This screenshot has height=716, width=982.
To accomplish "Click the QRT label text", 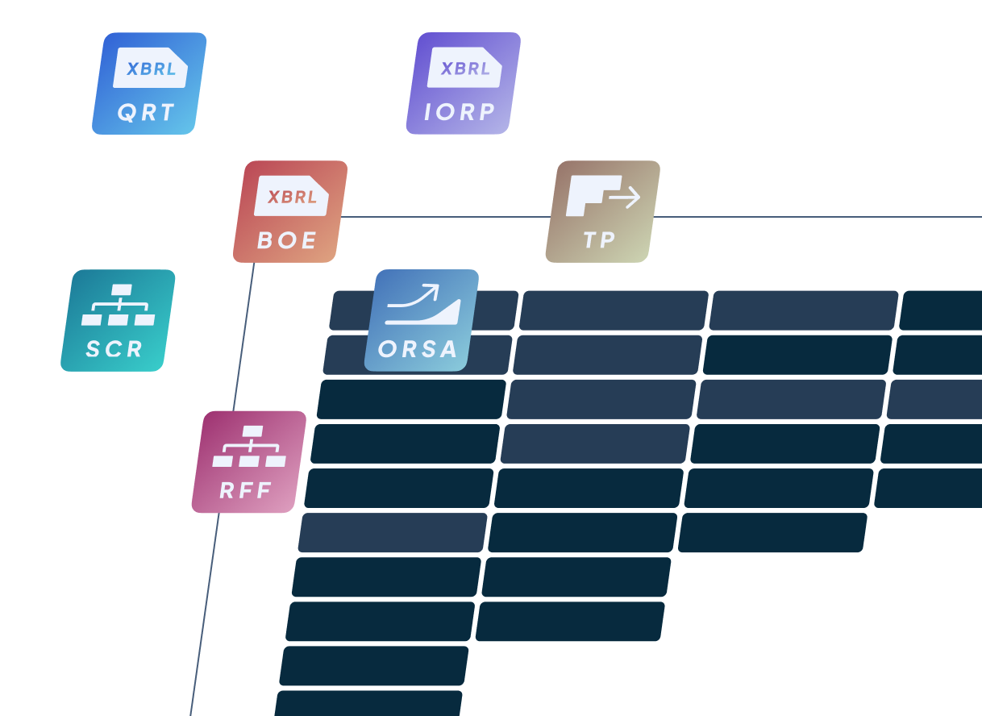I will [x=146, y=113].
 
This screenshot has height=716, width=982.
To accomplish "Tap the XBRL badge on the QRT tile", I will [x=151, y=69].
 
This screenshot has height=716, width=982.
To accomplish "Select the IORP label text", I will [x=460, y=113].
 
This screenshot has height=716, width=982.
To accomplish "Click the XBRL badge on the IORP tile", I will [x=465, y=69].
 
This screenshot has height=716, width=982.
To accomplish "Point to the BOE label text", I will [x=287, y=240].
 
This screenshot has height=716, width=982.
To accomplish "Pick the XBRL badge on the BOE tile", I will [x=292, y=197].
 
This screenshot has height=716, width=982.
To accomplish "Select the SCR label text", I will [x=114, y=349].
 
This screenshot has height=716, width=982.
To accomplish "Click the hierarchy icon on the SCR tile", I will [x=119, y=306].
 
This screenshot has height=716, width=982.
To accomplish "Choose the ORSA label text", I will [x=418, y=349].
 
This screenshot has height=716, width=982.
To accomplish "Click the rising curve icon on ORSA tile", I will [x=422, y=306].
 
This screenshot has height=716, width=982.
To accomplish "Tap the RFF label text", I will [x=245, y=490].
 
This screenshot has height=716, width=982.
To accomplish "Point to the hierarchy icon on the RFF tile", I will [x=250, y=447].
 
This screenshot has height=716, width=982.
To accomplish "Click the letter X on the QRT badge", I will [x=133, y=69].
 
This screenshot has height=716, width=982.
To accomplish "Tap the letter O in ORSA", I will [x=387, y=350].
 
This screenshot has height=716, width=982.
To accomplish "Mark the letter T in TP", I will [x=589, y=240].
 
